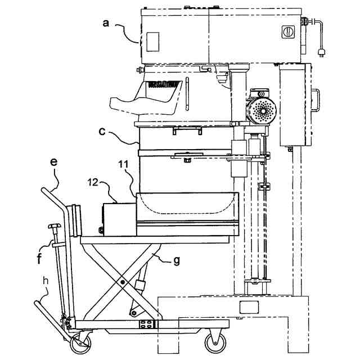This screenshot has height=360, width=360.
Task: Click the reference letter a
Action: [105, 23]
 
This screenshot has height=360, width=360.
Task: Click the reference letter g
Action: [176, 260]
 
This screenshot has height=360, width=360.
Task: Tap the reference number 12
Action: [93, 182]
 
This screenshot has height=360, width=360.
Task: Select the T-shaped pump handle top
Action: [54, 226]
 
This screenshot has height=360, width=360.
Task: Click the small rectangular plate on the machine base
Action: [247, 307]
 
